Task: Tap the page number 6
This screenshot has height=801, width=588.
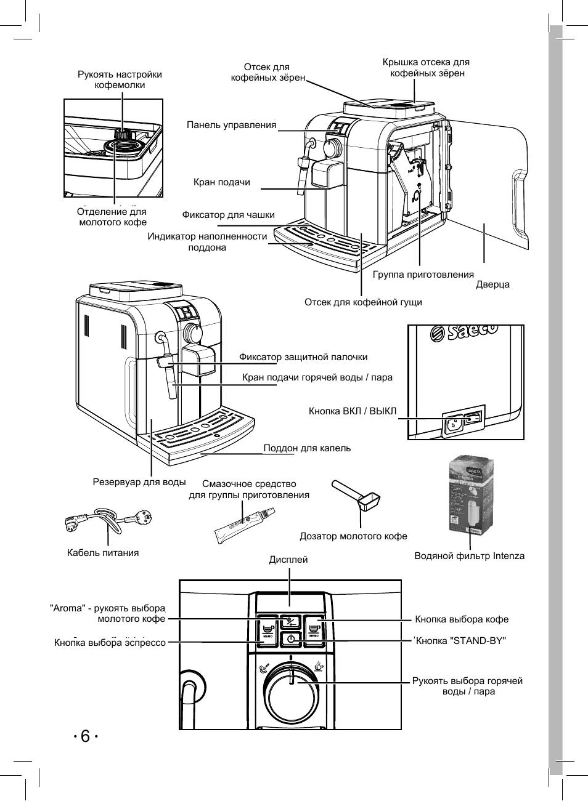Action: coord(85,736)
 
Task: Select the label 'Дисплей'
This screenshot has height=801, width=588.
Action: coord(288,560)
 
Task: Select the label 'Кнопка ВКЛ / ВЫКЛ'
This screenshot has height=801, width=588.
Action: coord(353,411)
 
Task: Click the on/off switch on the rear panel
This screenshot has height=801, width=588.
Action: coord(472,419)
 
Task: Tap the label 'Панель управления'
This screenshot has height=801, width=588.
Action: coord(231,125)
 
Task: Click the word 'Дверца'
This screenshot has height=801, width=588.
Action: coord(492,285)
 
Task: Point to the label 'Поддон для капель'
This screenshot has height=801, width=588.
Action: coord(307,448)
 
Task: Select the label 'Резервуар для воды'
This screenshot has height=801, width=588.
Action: coord(139,481)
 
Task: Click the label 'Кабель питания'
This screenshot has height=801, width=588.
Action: coord(103,552)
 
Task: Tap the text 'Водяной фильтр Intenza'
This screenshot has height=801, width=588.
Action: coord(469,556)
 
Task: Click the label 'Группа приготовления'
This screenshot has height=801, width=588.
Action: coord(423,275)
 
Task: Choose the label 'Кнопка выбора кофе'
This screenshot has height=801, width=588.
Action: coord(462,619)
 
